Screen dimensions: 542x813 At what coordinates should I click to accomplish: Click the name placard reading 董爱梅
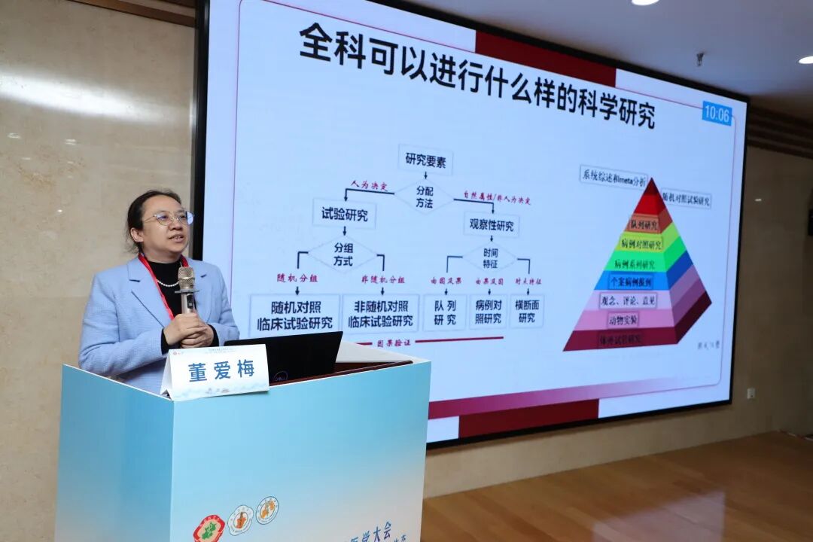pos(217,371)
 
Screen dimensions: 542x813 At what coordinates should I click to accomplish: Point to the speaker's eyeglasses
pos(170,218)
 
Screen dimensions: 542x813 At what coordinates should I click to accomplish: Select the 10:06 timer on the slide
pos(717,114)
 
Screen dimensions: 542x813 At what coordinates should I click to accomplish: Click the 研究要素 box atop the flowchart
pos(425,159)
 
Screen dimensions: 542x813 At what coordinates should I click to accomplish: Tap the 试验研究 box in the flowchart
pos(344,213)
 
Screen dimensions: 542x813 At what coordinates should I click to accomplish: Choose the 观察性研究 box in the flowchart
pos(492,225)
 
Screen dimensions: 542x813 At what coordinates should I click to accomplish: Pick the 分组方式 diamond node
pos(343,254)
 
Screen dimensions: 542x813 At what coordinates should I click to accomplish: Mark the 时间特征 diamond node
pos(490,258)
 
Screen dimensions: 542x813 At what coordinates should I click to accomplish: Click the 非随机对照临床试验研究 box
pos(380,313)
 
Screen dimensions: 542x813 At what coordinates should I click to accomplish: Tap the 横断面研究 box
pos(526,311)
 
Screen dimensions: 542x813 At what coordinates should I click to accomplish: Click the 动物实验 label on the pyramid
pos(619,319)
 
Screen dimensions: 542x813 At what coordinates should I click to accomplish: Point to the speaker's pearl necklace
pos(166,283)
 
